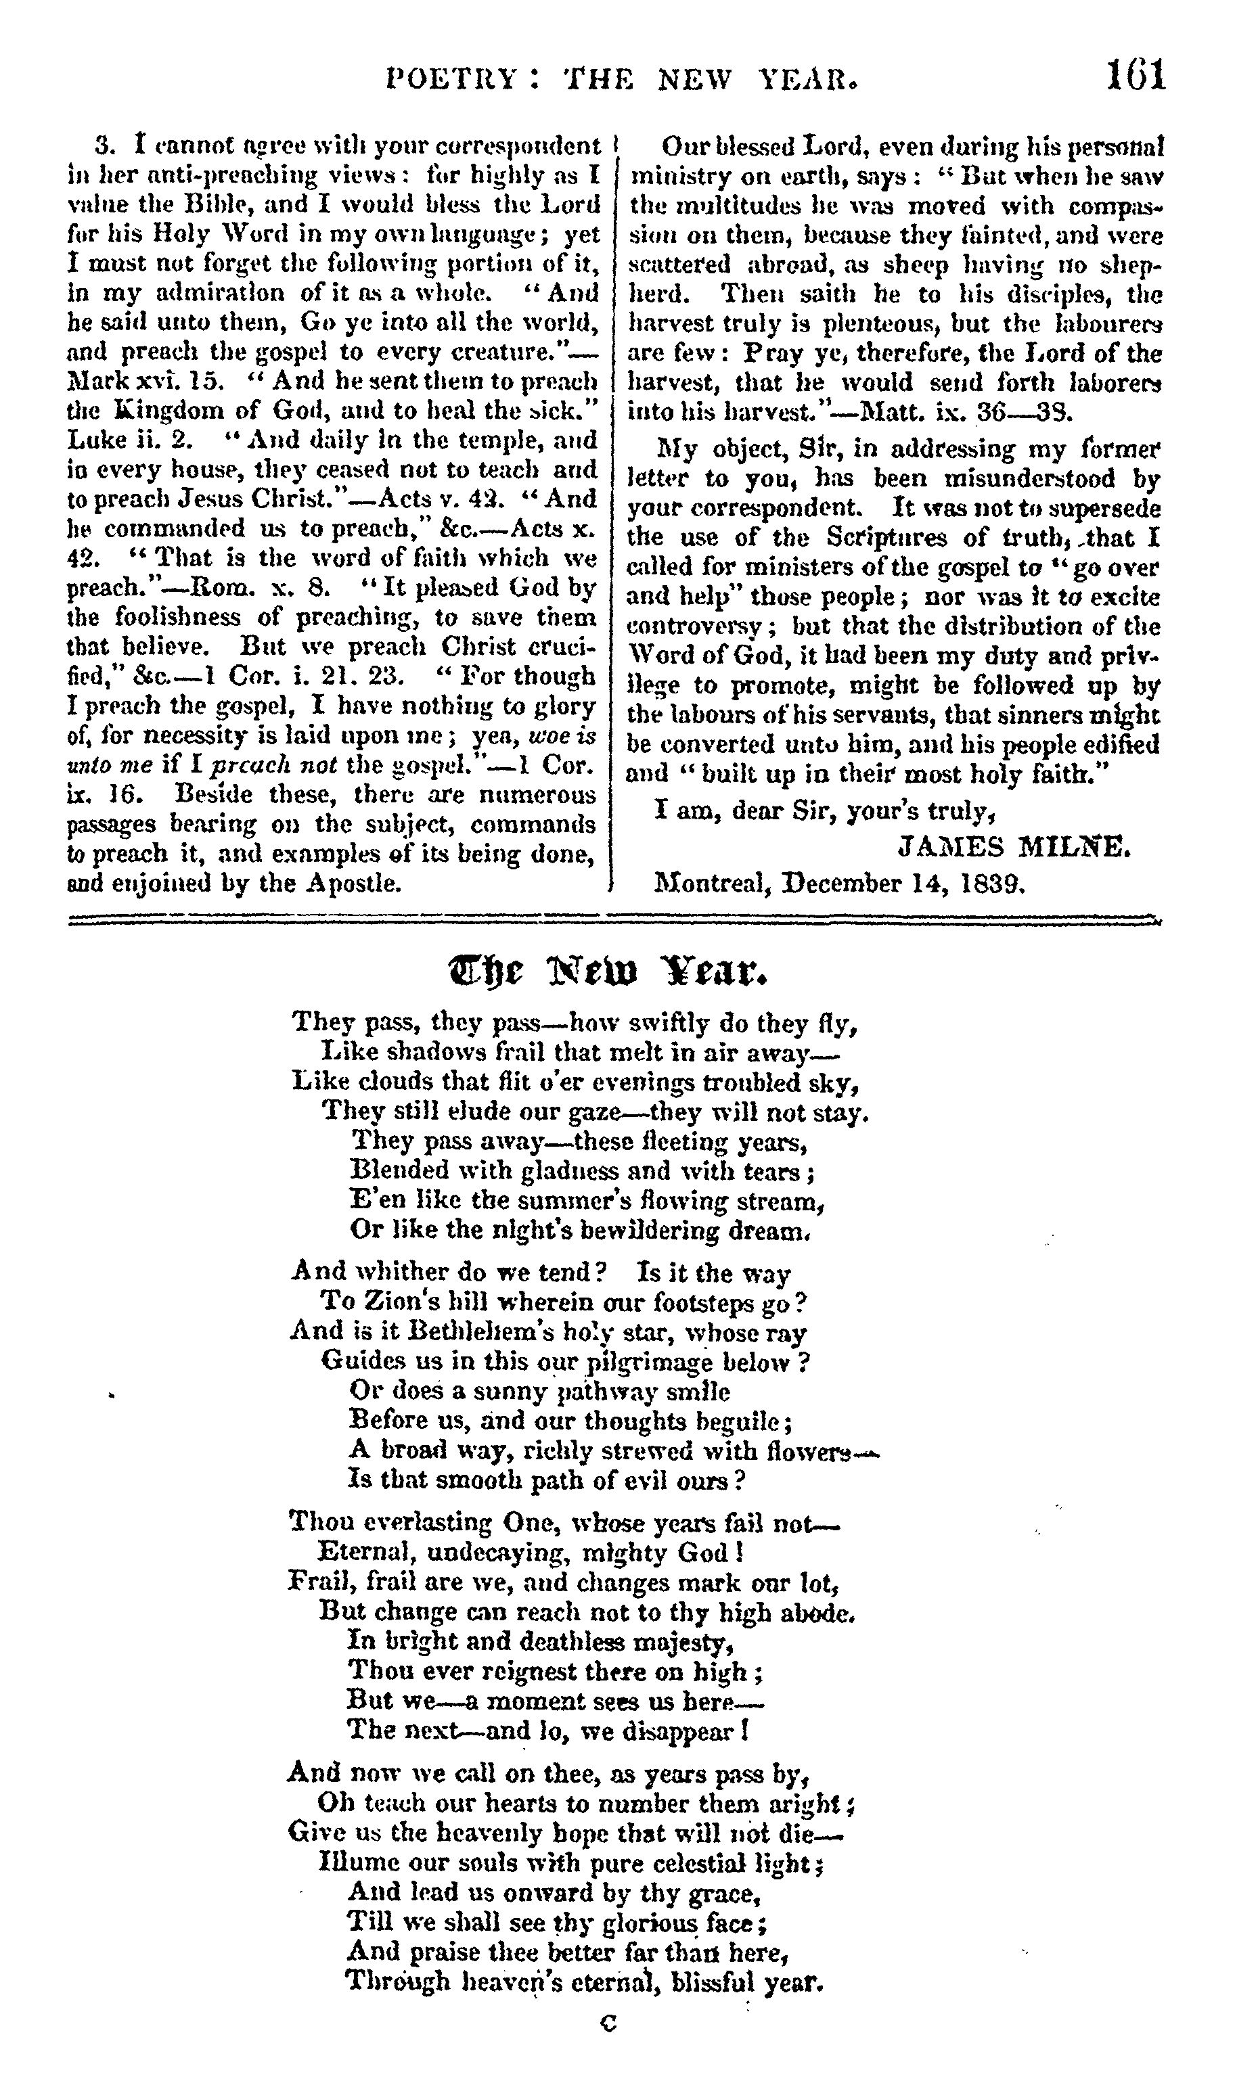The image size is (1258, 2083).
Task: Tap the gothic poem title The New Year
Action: pos(607,973)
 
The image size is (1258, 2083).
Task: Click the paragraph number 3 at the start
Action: pos(104,145)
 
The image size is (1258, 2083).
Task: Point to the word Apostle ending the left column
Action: pos(353,884)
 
